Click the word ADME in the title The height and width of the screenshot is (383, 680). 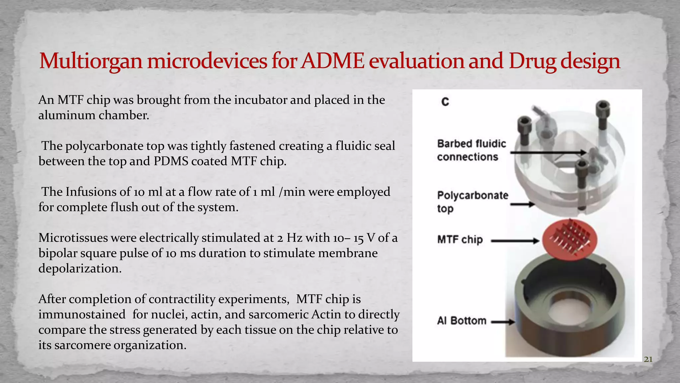click(x=333, y=61)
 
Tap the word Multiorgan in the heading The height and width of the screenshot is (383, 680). click(x=91, y=62)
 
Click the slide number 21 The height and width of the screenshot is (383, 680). click(x=648, y=359)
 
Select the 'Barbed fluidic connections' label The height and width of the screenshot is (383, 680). click(x=471, y=150)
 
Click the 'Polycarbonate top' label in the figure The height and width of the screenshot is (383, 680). click(x=472, y=202)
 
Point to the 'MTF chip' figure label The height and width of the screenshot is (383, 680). click(x=460, y=239)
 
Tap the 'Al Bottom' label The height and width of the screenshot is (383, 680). click(x=462, y=321)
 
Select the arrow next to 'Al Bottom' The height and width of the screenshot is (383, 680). click(x=503, y=322)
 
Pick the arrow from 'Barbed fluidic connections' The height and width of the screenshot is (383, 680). click(x=548, y=152)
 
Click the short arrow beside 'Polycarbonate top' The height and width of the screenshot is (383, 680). click(x=522, y=205)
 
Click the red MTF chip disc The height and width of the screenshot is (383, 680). click(x=570, y=239)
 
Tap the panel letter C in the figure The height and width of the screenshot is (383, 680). click(x=445, y=102)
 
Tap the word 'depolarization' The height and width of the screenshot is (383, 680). click(x=80, y=268)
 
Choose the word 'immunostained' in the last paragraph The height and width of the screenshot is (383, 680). click(x=82, y=314)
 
